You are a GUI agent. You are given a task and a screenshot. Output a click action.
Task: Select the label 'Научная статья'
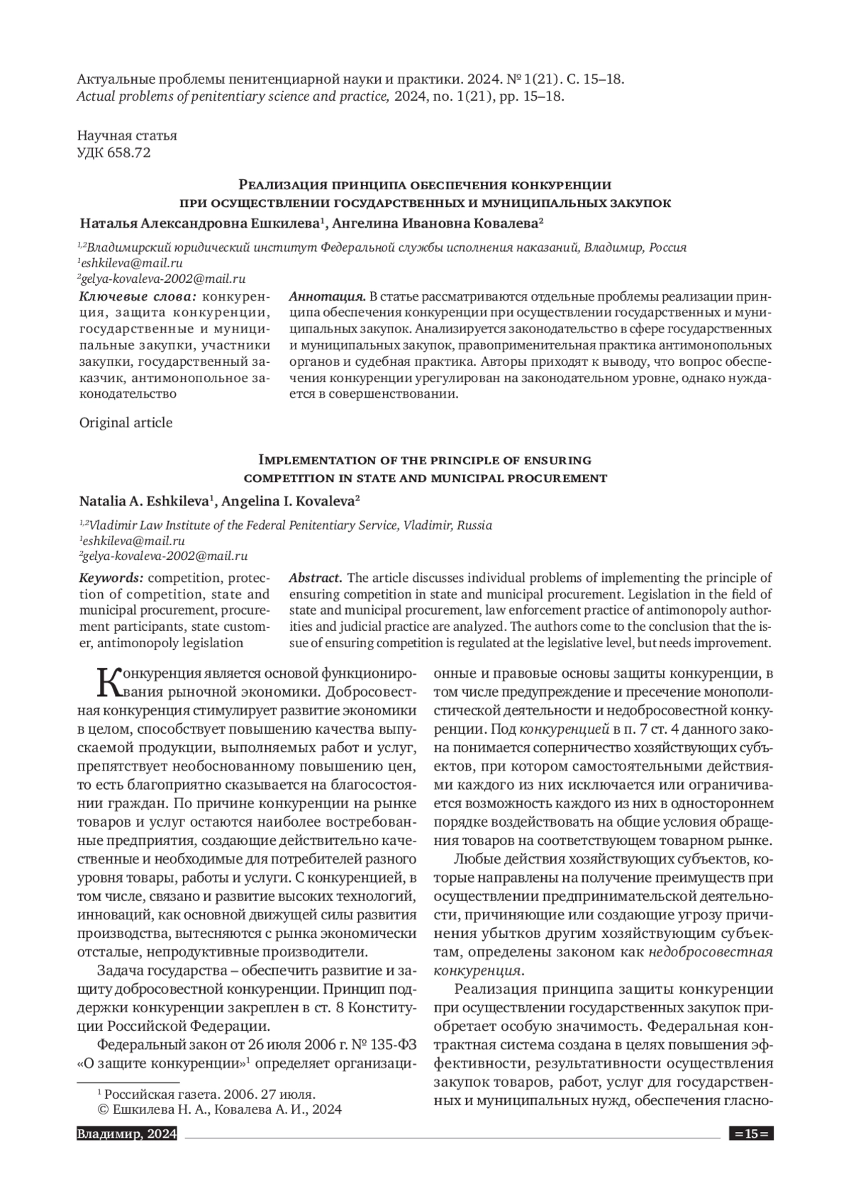[127, 135]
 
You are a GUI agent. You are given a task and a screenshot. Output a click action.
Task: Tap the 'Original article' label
[126, 423]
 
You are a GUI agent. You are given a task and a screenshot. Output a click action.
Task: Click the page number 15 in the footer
[751, 1134]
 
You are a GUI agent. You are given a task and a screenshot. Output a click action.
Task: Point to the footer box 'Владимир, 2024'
[126, 1134]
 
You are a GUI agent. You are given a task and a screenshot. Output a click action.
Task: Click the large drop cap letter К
[107, 683]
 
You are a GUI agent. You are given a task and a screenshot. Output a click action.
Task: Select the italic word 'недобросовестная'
[711, 952]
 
